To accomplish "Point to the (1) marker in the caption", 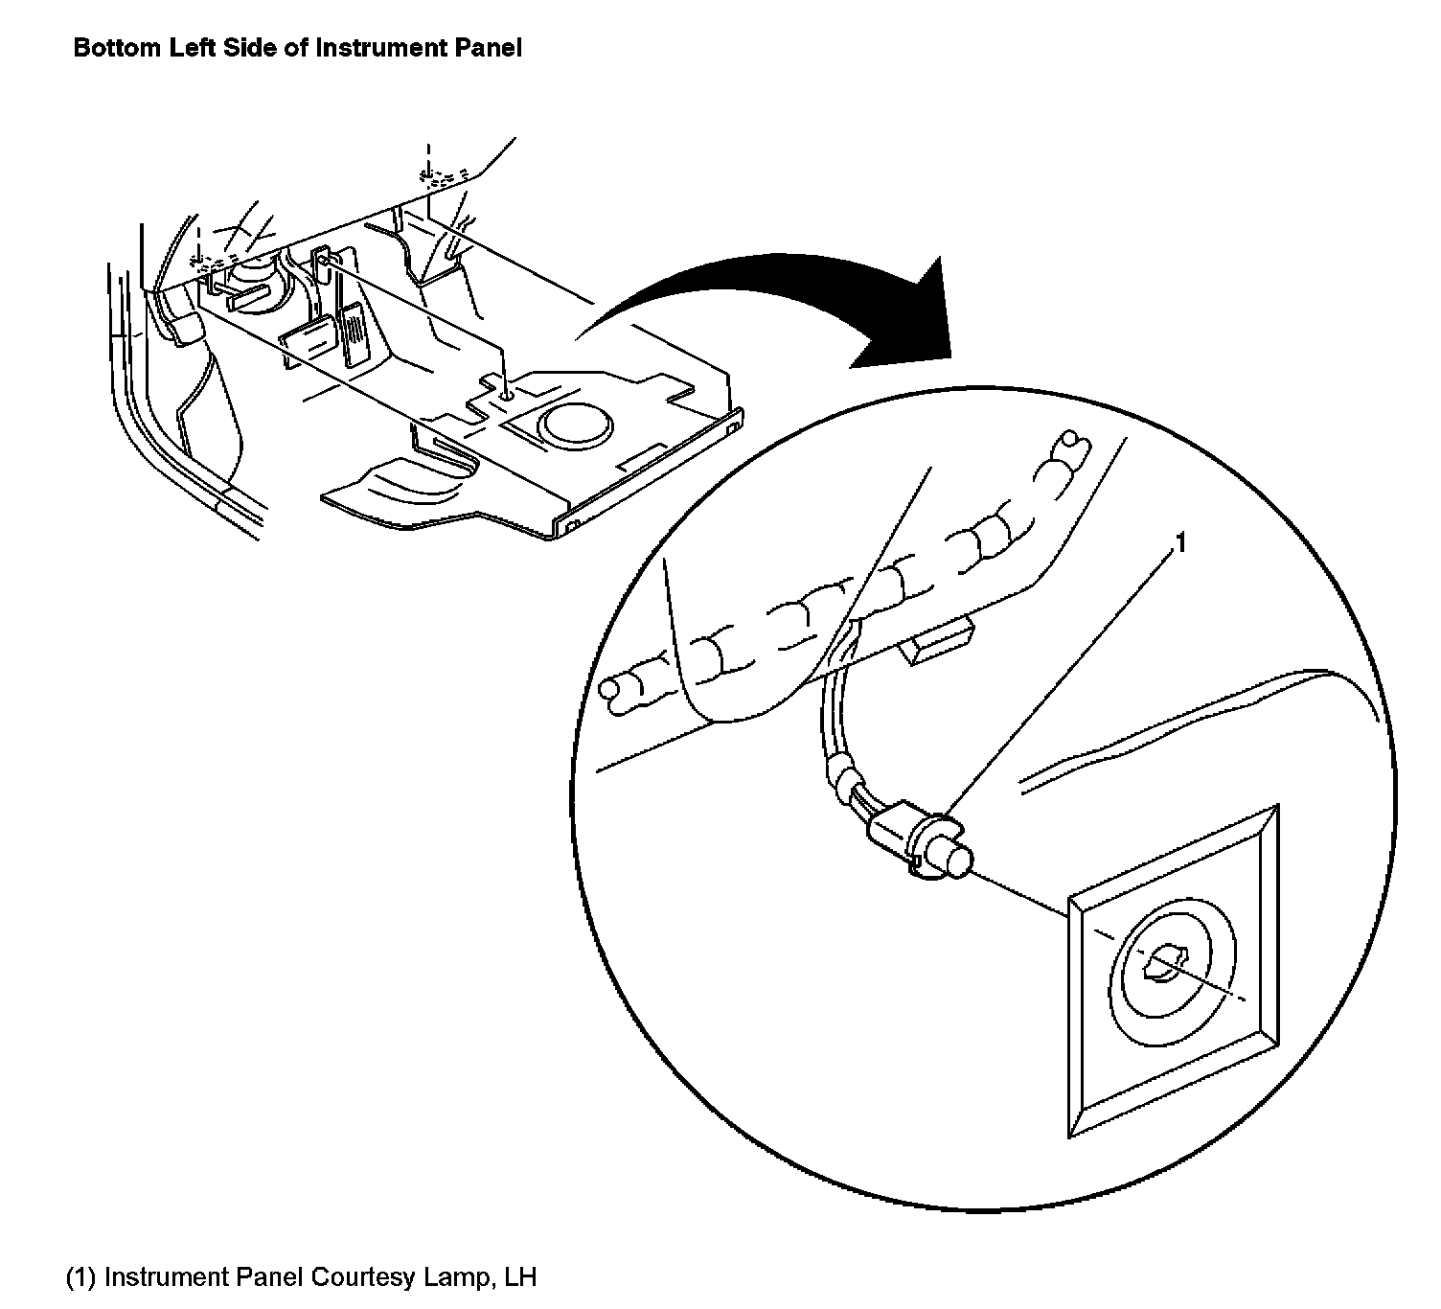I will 81,1277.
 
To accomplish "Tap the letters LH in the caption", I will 518,1277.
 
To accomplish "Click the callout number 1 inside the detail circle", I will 1180,543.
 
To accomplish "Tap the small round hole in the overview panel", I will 506,391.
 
